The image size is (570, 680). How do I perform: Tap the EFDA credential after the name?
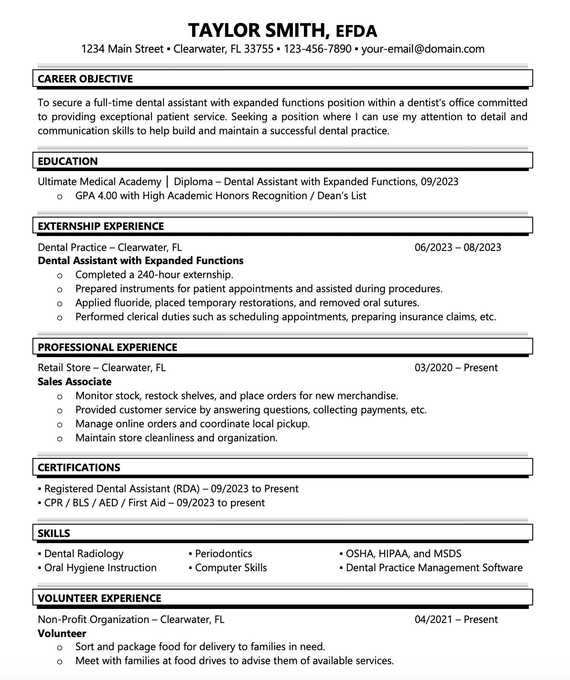tap(356, 32)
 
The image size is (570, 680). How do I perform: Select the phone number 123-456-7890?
tap(317, 49)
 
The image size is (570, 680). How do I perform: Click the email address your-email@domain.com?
tap(423, 49)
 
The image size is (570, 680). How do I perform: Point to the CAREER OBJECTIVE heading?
tap(85, 79)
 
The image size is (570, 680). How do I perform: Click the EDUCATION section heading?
tap(68, 161)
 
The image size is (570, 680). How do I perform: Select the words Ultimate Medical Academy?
tap(100, 182)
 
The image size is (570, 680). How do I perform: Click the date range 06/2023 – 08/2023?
tap(458, 247)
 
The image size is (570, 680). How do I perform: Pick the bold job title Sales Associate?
tap(75, 382)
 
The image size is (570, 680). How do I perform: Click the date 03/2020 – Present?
tap(456, 368)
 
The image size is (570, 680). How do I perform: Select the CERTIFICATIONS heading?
tap(79, 468)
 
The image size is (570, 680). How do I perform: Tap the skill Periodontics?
tap(224, 554)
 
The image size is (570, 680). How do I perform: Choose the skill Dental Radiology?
tap(84, 554)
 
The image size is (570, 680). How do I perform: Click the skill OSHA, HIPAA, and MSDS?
tap(403, 554)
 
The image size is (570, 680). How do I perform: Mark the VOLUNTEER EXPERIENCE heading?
tap(100, 598)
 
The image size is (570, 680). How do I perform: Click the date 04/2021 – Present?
tap(456, 619)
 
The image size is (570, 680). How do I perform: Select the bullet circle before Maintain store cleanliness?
tap(60, 438)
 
